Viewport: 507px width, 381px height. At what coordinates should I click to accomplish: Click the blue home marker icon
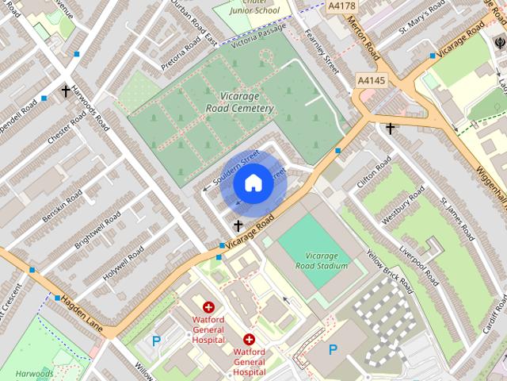pyautogui.click(x=253, y=183)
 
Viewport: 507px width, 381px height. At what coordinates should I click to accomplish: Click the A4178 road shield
pyautogui.click(x=342, y=6)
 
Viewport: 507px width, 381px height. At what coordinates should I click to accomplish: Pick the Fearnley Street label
pyautogui.click(x=322, y=52)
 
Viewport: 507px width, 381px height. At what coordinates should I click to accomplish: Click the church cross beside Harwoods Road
pyautogui.click(x=66, y=92)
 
